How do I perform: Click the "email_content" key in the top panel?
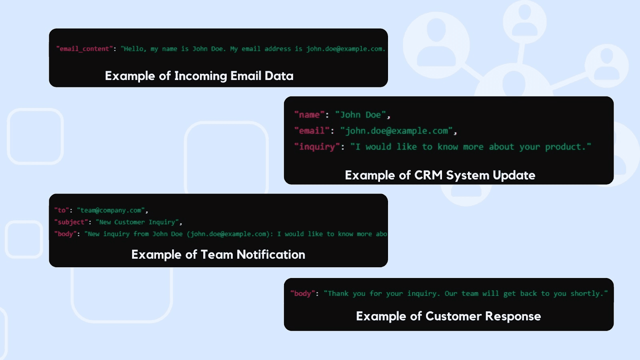84,49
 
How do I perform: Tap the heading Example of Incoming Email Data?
199,76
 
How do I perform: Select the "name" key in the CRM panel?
309,115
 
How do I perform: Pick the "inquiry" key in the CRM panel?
317,147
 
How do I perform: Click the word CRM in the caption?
428,175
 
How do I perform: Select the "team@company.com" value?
111,210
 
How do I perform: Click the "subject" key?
71,222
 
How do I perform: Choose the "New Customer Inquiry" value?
138,222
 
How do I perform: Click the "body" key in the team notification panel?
65,234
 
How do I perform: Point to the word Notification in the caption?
271,255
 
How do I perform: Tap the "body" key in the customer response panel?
302,294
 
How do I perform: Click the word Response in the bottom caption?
513,316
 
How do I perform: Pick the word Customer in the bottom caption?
453,316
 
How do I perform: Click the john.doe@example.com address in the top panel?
344,49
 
